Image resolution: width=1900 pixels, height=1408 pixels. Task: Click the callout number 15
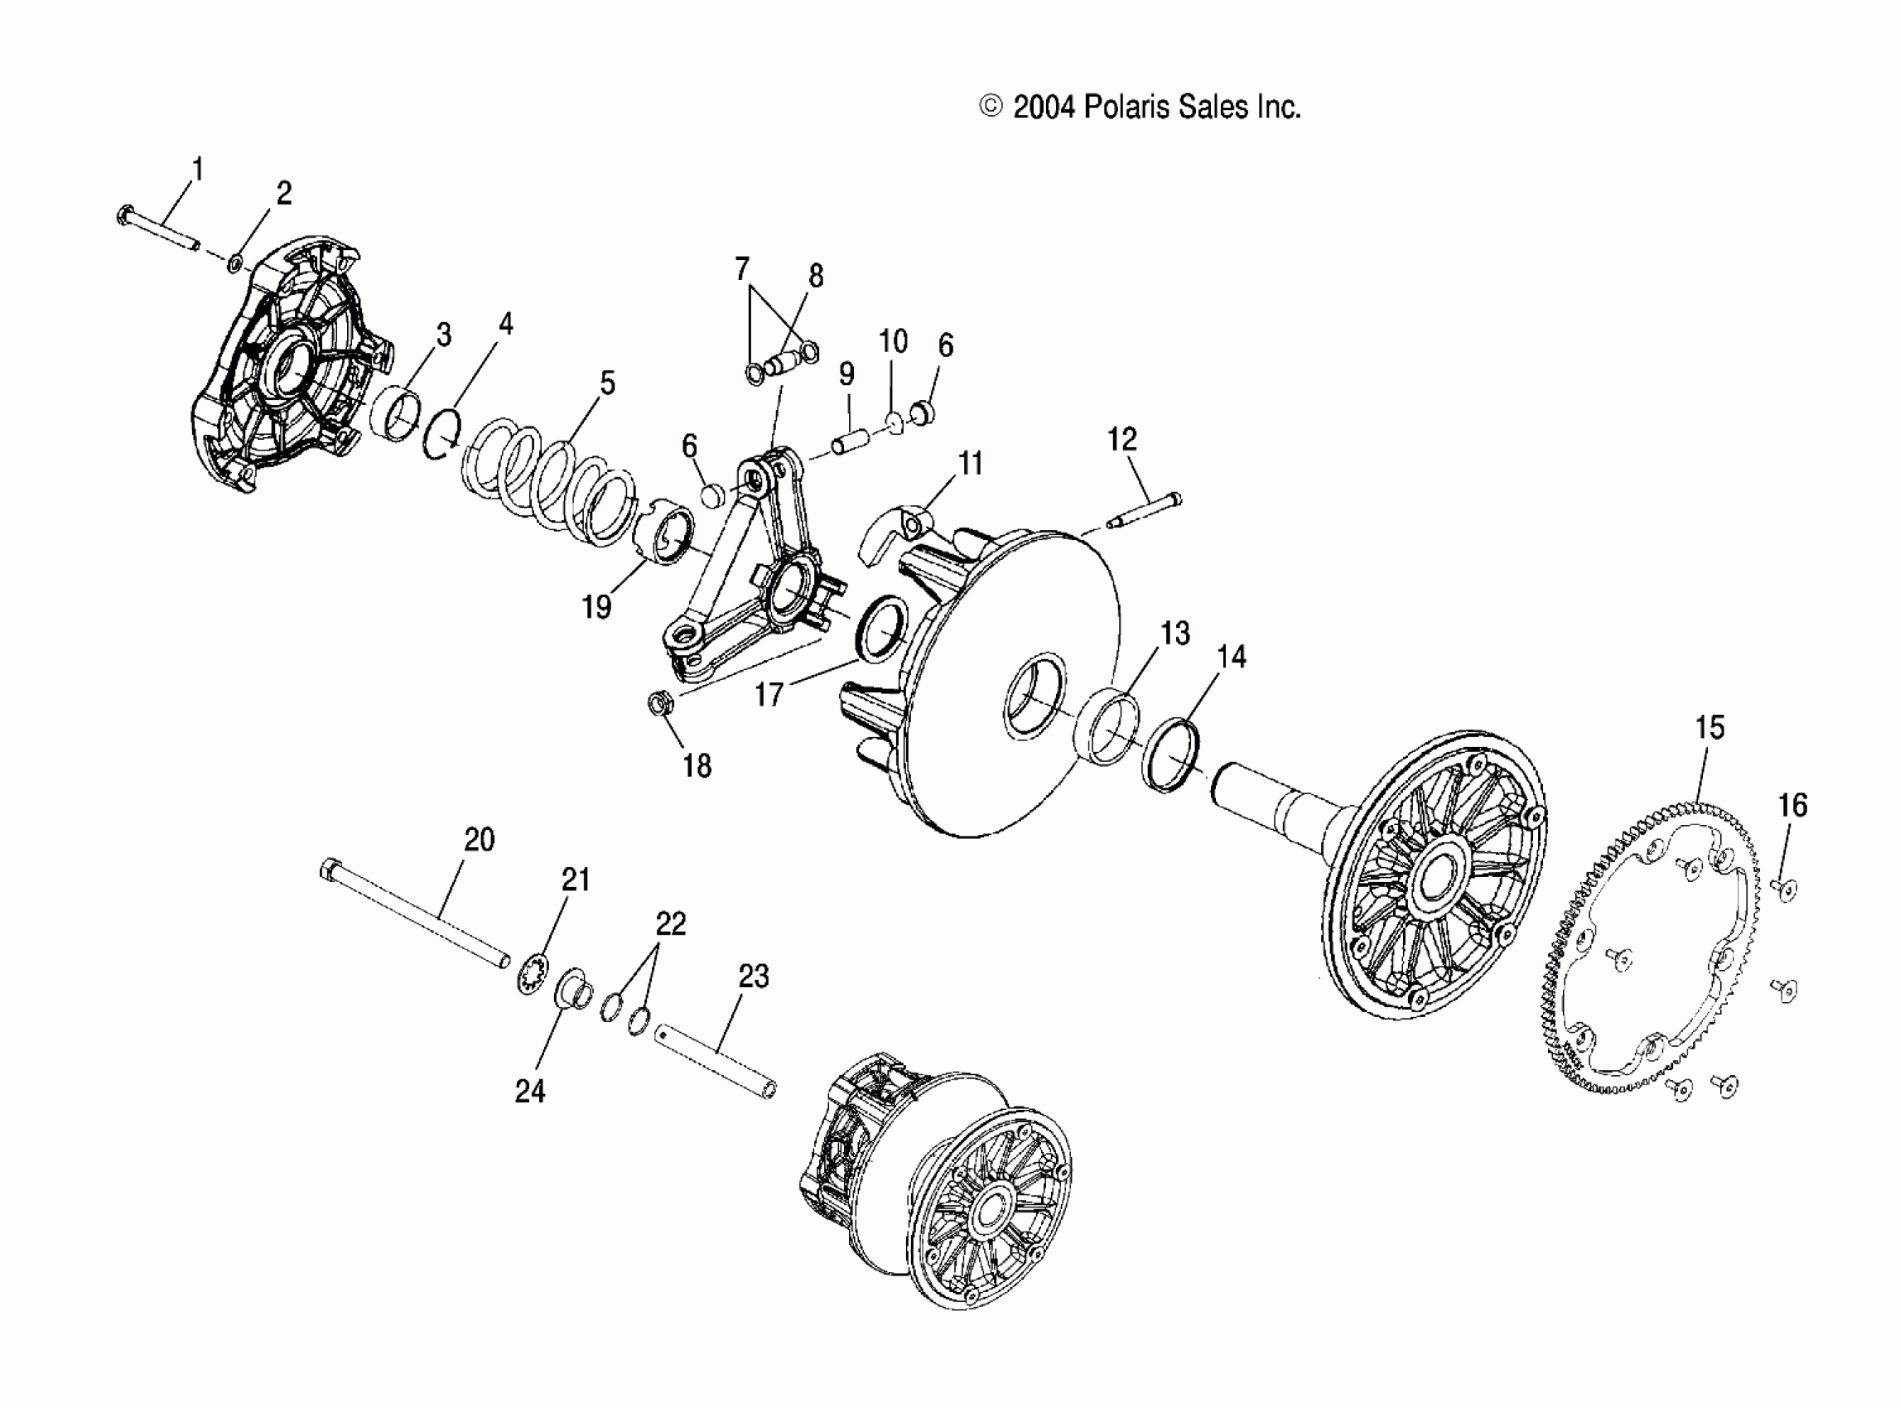[x=1709, y=728]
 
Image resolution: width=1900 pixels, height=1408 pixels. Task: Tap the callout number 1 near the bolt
[x=198, y=170]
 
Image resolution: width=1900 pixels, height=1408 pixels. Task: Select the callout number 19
[x=596, y=607]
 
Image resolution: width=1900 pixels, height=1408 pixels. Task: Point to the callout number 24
[x=529, y=1091]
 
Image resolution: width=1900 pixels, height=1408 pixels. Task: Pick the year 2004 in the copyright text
[x=1044, y=108]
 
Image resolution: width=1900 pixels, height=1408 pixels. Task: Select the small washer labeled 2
[x=234, y=263]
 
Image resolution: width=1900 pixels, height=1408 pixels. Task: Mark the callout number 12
[x=1121, y=440]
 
